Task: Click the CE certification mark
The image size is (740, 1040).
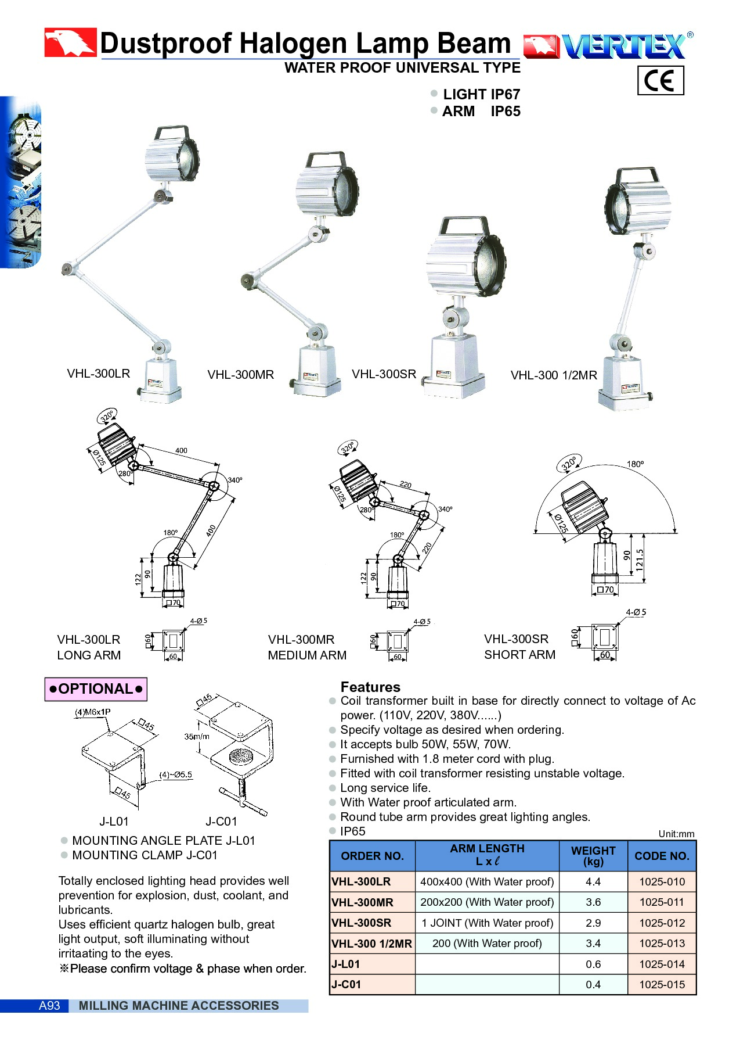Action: (660, 80)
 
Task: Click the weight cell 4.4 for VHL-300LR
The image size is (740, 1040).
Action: (593, 881)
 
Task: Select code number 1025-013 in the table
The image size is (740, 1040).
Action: (662, 943)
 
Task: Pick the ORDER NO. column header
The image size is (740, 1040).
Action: (372, 856)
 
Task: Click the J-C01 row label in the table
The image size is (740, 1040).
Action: (346, 984)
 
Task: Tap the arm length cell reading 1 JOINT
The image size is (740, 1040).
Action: (487, 923)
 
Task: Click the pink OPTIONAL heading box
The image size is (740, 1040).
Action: (96, 689)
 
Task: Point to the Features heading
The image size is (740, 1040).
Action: (370, 687)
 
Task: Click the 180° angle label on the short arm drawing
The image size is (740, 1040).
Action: (635, 464)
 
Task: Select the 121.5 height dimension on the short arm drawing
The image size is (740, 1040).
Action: (640, 560)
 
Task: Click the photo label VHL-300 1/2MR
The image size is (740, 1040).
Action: (554, 375)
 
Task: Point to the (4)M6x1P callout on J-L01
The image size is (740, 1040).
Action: (93, 712)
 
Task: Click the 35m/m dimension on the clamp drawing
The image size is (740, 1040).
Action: (197, 736)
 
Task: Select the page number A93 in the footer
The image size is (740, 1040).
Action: (49, 1006)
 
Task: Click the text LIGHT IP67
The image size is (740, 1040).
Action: (481, 94)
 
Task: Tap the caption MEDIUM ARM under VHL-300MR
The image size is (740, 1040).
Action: (307, 655)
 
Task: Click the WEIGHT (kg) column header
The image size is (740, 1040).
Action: (593, 856)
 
